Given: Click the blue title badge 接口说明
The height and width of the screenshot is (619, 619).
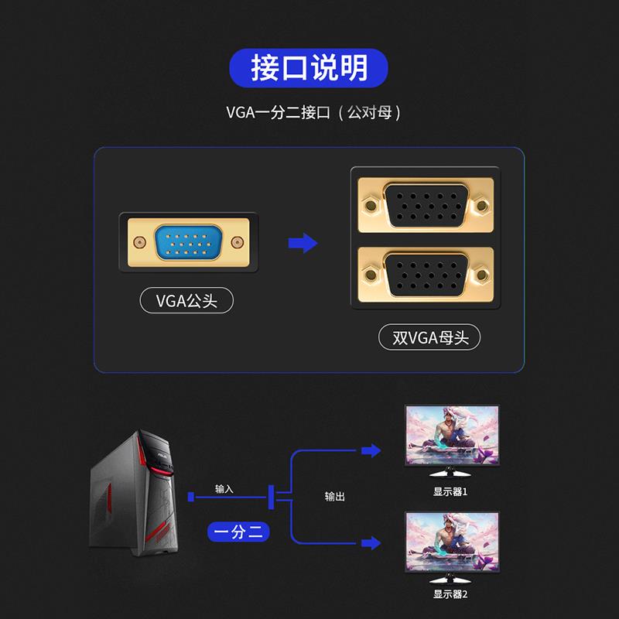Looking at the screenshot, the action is [309, 68].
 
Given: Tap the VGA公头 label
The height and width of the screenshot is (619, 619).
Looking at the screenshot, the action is [186, 300].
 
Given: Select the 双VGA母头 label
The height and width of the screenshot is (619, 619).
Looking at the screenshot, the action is [429, 337].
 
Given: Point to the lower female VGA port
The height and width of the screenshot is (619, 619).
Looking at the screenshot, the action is [425, 275].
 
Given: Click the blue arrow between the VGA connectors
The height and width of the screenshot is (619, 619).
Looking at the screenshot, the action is [303, 243].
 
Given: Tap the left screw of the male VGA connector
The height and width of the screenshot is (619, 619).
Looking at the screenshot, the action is [139, 243].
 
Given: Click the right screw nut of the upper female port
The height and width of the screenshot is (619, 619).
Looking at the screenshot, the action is [483, 207].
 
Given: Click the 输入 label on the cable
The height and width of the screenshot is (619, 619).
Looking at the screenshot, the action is [224, 489].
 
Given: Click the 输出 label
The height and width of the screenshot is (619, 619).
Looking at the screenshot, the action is [335, 496].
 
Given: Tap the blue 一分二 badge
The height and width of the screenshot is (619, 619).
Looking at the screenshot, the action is [240, 532].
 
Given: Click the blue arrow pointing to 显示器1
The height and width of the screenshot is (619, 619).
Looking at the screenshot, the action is [371, 450].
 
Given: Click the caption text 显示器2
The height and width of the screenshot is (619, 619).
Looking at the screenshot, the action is [450, 594].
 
